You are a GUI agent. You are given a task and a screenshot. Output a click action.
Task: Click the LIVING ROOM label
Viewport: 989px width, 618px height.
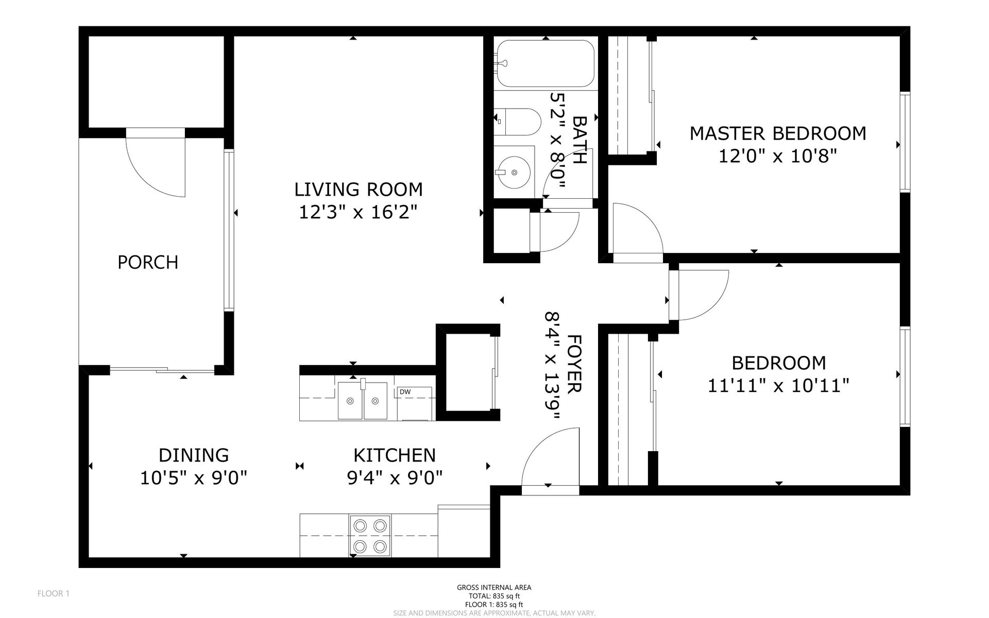click(359, 190)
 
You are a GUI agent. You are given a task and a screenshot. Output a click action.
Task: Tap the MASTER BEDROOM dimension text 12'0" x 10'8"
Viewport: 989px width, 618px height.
click(777, 156)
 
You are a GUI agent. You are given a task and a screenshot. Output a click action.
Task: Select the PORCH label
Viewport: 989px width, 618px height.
click(148, 262)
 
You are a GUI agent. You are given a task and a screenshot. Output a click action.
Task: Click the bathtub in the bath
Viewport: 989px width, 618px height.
click(545, 63)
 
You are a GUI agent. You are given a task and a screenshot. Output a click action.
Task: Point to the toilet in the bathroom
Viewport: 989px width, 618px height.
click(517, 122)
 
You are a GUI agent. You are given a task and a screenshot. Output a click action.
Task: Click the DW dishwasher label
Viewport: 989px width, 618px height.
click(405, 392)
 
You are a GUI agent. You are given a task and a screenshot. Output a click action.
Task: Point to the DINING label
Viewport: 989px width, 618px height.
click(194, 455)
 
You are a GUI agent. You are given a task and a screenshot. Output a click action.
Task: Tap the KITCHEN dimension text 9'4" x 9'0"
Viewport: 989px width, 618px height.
click(395, 478)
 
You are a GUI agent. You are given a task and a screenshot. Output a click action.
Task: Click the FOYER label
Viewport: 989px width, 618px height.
click(574, 364)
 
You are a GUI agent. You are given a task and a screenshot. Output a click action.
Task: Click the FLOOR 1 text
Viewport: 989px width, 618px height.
click(54, 594)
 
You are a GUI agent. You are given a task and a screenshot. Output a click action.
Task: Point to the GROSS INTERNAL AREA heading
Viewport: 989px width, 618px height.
click(494, 587)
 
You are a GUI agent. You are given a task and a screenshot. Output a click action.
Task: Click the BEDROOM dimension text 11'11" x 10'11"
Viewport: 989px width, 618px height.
click(778, 385)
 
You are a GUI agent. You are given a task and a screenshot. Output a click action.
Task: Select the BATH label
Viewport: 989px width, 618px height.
click(580, 140)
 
